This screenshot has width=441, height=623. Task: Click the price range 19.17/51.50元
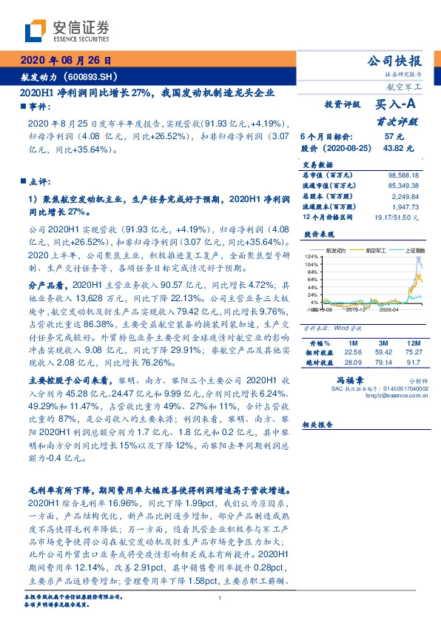400,218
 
